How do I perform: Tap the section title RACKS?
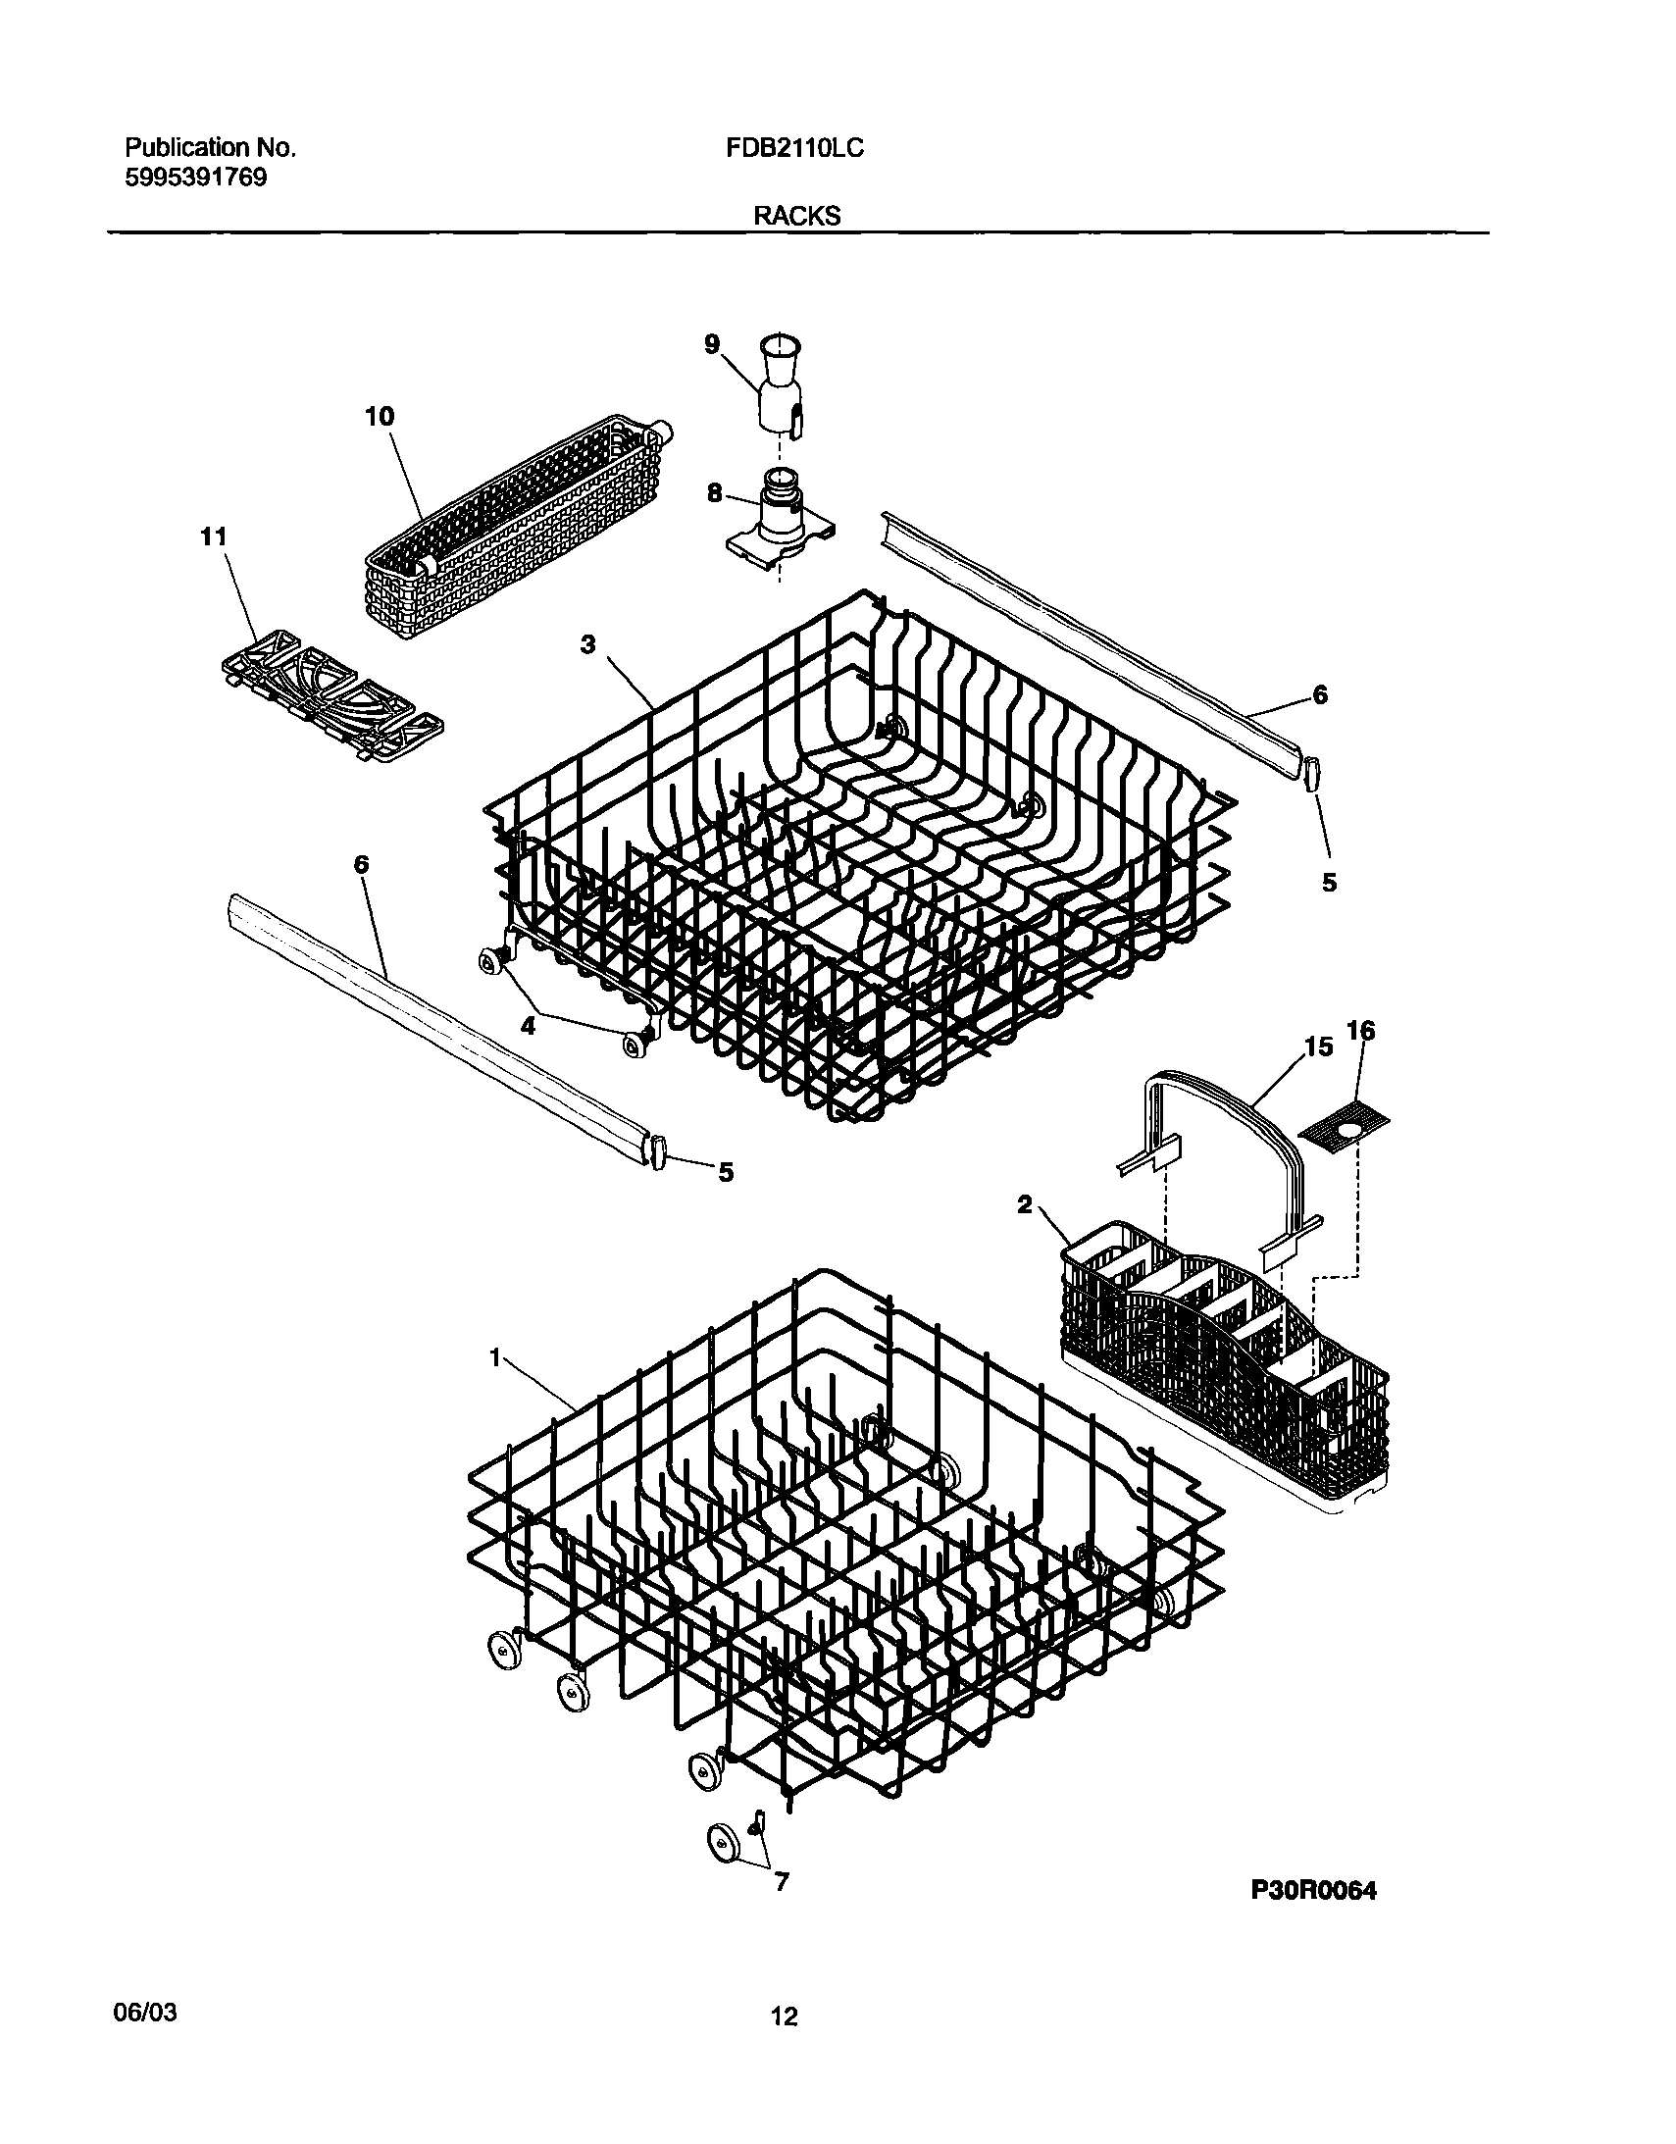(796, 217)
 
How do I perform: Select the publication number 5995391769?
(195, 179)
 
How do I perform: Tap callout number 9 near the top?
(712, 342)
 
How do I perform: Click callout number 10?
(379, 416)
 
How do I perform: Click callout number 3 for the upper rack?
(587, 645)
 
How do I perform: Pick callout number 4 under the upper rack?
(528, 1026)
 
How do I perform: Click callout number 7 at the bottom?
(782, 1882)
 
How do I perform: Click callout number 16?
(1360, 1030)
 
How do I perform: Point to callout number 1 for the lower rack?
(496, 1356)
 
